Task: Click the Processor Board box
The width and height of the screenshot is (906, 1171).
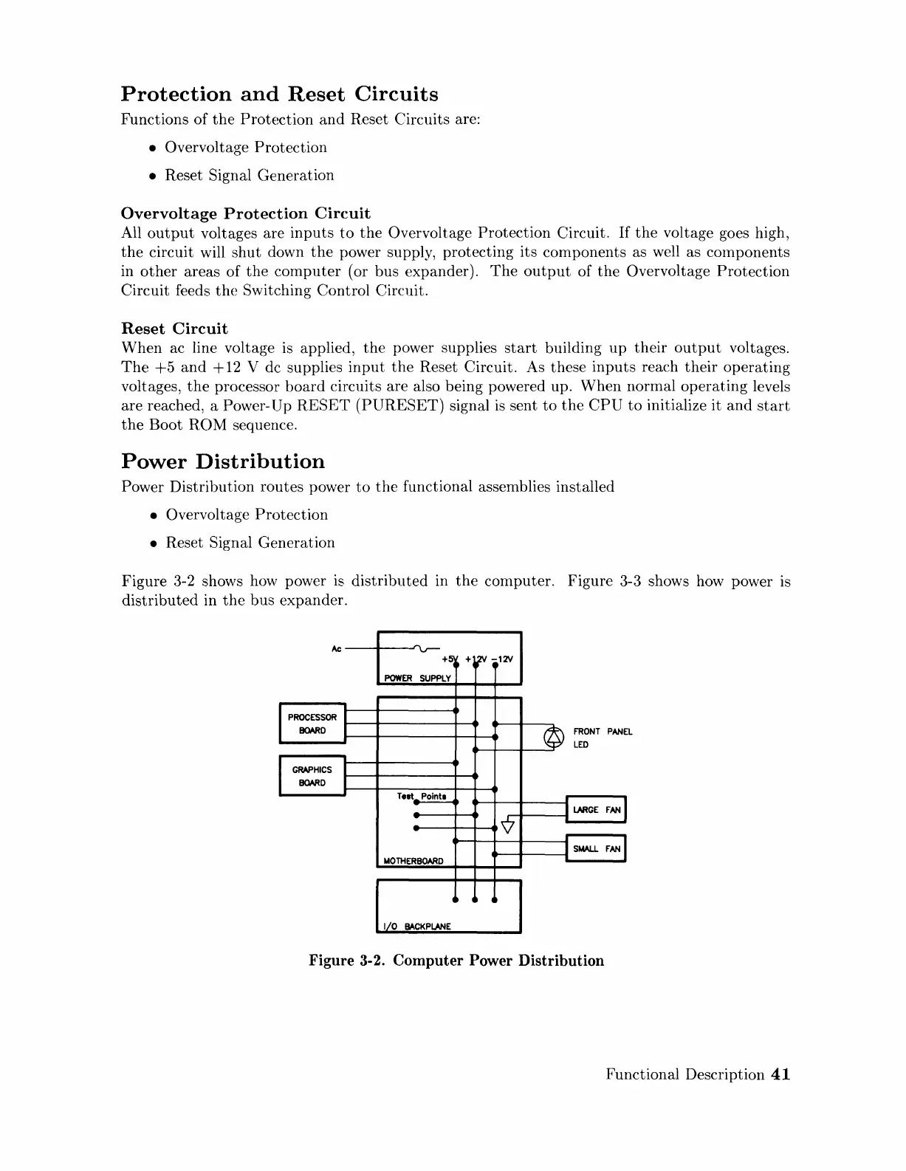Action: click(312, 724)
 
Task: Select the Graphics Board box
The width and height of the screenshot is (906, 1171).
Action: click(312, 776)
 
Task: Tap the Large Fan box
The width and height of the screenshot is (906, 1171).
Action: click(595, 810)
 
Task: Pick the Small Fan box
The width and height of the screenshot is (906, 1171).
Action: click(595, 848)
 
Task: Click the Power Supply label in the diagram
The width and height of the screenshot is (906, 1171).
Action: click(416, 679)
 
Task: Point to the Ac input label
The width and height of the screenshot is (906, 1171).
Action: click(335, 649)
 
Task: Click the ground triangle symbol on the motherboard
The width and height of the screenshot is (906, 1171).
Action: click(507, 825)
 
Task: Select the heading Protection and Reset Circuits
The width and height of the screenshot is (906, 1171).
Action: click(279, 95)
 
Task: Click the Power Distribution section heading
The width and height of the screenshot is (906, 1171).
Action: click(222, 461)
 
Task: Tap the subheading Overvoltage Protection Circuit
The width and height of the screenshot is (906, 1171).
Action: click(245, 213)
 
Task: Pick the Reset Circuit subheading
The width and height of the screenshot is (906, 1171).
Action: click(174, 329)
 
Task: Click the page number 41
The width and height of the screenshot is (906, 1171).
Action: click(780, 1074)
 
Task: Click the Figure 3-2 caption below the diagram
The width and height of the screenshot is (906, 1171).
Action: click(456, 961)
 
